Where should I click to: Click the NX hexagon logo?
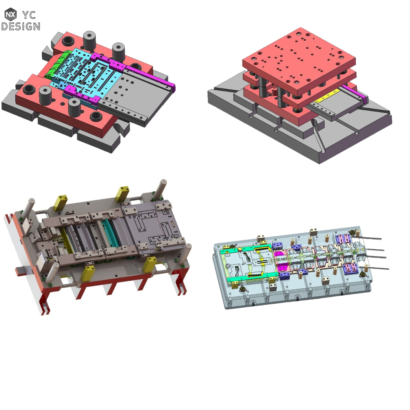pos(11,14)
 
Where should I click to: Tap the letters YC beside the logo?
pos(29,15)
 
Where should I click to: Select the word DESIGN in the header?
pos(21,26)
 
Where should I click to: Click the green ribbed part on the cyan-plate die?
pos(58,64)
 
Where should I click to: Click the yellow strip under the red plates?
pos(327,96)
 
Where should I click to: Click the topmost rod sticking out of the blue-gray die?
pos(368,238)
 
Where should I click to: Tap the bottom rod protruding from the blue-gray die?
pos(375,267)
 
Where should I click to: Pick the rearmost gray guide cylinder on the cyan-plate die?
pos(90,40)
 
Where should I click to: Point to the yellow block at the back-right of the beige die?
pos(122,194)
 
